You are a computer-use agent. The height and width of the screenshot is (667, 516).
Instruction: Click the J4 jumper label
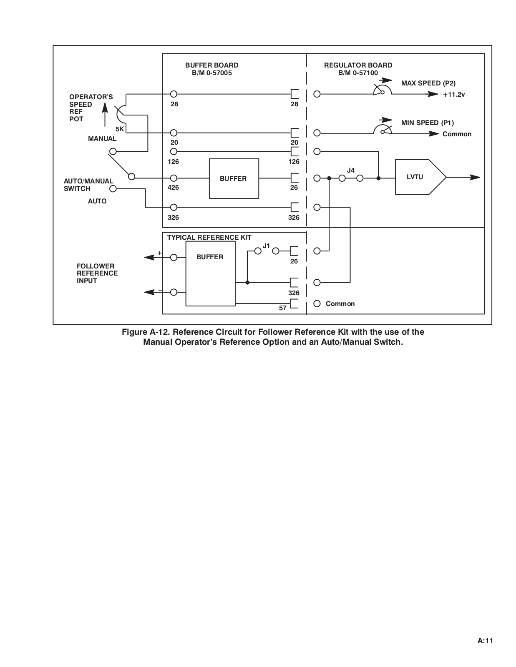point(350,170)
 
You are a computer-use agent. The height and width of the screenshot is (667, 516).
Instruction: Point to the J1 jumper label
point(266,246)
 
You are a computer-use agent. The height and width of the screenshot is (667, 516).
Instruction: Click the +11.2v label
point(454,95)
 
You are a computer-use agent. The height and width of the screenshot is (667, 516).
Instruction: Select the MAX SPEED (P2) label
point(428,83)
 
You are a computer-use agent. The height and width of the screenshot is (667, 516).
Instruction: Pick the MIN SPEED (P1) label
point(427,123)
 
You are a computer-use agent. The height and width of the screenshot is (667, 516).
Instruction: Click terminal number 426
point(173,187)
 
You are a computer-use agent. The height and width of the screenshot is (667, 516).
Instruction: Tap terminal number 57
point(282,308)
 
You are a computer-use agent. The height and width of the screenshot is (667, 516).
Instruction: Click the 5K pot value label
point(119,129)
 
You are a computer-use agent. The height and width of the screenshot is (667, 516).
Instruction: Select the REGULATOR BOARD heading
point(358,65)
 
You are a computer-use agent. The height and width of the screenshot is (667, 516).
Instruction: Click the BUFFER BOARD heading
point(211,65)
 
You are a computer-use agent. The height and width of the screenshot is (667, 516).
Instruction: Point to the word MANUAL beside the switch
point(102,138)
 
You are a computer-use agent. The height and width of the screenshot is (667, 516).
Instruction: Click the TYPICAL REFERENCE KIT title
point(209,237)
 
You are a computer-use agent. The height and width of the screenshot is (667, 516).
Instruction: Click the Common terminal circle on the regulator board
point(317,303)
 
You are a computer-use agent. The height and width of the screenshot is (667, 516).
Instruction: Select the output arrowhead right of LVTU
point(475,177)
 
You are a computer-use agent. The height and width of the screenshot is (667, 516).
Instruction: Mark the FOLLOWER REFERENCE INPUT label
point(97,273)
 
